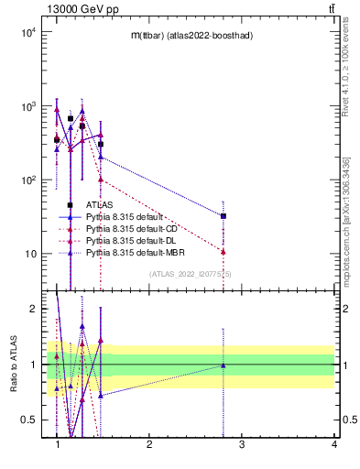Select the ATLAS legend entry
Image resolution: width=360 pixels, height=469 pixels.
click(99, 205)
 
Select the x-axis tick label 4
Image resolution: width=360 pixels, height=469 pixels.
click(334, 444)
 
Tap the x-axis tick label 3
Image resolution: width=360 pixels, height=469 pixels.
click(242, 444)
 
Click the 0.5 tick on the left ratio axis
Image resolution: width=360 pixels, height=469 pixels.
click(29, 420)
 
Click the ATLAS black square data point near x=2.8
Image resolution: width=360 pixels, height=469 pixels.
click(224, 216)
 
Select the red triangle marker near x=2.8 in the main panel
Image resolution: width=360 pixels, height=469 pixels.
click(224, 251)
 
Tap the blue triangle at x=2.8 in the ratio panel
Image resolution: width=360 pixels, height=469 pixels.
click(224, 365)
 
